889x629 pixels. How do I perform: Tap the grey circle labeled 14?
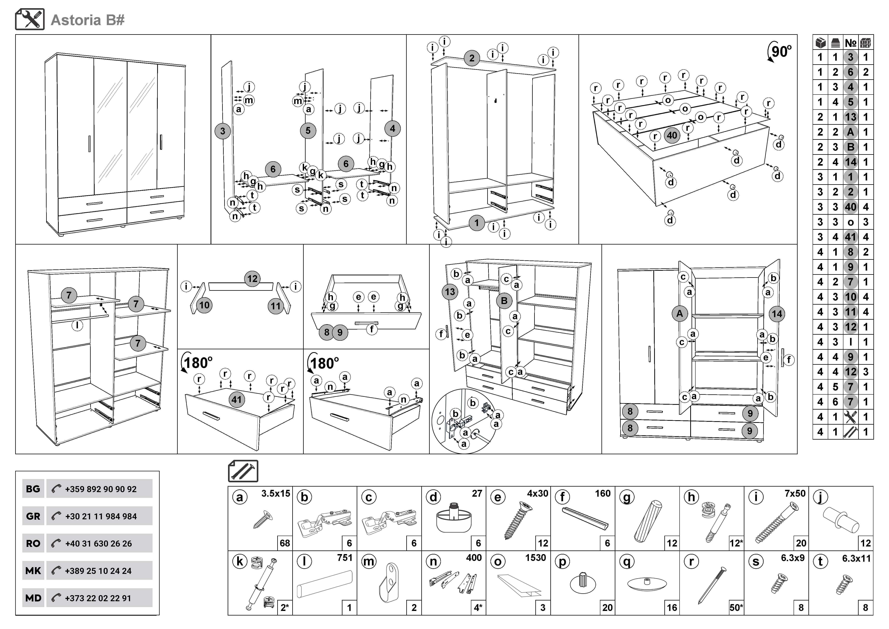777,314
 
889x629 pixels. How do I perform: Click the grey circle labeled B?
504,301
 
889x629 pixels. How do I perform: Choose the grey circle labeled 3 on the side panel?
223,131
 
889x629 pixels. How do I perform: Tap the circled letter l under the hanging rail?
77,325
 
